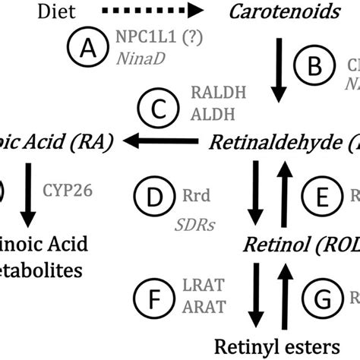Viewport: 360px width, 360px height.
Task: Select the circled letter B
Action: click(321, 68)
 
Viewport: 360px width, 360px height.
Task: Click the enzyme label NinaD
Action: click(136, 57)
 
